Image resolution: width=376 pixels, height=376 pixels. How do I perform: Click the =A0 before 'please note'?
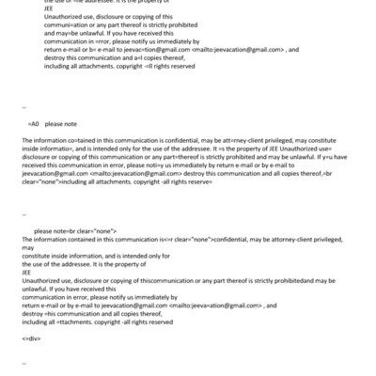click(x=34, y=123)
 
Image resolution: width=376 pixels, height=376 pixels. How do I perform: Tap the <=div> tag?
click(x=29, y=337)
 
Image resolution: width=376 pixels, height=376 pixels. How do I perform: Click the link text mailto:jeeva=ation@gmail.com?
click(x=210, y=305)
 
